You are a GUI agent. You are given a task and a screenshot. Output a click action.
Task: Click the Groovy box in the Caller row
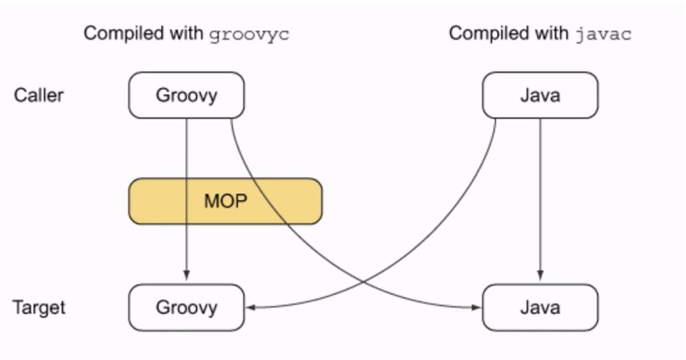pyautogui.click(x=186, y=96)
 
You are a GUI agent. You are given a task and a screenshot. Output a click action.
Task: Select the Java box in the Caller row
pyautogui.click(x=540, y=96)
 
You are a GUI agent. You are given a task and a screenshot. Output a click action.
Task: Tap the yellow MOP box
pyautogui.click(x=225, y=201)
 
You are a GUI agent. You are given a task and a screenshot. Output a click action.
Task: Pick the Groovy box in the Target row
pyautogui.click(x=186, y=307)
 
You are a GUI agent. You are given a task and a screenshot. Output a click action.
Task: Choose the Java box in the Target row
pyautogui.click(x=540, y=307)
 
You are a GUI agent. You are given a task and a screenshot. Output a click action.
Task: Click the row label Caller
pyautogui.click(x=39, y=96)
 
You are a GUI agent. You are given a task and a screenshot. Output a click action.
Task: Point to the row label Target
pyautogui.click(x=39, y=307)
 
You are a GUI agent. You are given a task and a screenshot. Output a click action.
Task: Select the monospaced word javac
pyautogui.click(x=603, y=34)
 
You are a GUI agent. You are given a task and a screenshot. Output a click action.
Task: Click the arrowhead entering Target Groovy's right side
pyautogui.click(x=250, y=308)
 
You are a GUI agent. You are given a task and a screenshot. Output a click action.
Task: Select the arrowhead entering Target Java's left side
pyautogui.click(x=476, y=308)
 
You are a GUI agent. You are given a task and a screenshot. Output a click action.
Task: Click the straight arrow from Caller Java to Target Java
pyautogui.click(x=541, y=199)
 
